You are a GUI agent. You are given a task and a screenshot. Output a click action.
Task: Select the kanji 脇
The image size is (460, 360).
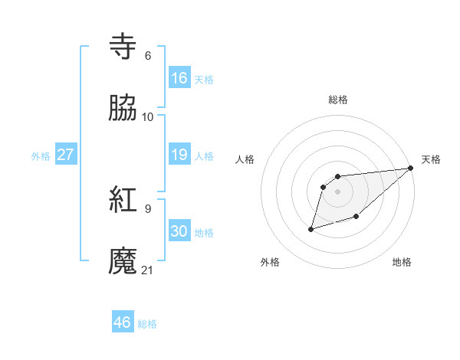[x=123, y=109]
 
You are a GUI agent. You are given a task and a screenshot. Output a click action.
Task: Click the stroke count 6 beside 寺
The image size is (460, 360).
[x=148, y=55]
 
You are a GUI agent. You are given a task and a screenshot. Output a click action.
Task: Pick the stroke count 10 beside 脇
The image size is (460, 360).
[x=148, y=116]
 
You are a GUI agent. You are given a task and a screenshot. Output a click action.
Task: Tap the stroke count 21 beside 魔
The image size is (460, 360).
[x=148, y=270]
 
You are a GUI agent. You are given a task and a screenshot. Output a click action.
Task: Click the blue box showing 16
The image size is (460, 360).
[x=179, y=78]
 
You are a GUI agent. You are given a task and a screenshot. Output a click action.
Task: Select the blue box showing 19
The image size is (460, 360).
[x=179, y=155]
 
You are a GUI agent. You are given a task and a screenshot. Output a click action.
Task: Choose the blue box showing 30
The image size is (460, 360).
[x=179, y=231]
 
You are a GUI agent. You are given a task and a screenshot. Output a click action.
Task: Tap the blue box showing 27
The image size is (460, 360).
[x=66, y=155]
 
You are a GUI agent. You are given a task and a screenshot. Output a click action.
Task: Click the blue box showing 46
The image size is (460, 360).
[x=123, y=322]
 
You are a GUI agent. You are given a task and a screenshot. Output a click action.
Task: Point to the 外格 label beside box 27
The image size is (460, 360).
[x=41, y=156]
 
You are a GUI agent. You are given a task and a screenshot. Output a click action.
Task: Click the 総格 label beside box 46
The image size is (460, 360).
[x=147, y=324]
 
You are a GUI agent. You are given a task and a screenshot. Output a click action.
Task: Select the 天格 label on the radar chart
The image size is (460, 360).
[x=431, y=159]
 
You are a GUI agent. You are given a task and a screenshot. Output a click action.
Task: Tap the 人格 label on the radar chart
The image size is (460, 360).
[x=245, y=159]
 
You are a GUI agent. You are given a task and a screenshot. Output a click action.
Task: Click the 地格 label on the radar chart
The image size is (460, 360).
[x=402, y=262]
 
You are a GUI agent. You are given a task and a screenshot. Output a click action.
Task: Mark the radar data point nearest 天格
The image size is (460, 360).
[x=411, y=169]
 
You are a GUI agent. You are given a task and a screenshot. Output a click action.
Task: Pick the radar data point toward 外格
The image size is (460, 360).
[x=311, y=229]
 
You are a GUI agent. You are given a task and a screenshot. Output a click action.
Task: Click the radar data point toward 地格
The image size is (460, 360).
[x=356, y=218]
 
